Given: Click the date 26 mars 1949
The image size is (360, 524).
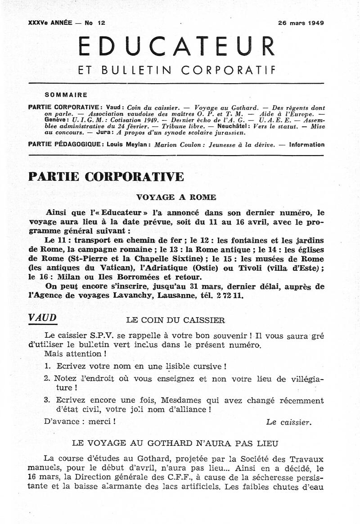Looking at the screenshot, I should (x=301, y=22).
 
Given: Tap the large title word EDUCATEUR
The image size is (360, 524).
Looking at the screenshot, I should (x=176, y=47).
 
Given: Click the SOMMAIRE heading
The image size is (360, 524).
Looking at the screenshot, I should (x=66, y=95).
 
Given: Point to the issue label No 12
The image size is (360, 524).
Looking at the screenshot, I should (x=95, y=22).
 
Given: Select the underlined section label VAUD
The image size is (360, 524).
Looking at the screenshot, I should (x=42, y=318).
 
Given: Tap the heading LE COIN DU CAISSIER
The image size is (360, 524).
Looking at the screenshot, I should (x=175, y=320).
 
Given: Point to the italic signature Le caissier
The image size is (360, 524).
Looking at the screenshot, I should (x=288, y=422).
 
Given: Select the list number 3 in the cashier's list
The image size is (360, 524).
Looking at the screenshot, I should (x=47, y=400).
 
